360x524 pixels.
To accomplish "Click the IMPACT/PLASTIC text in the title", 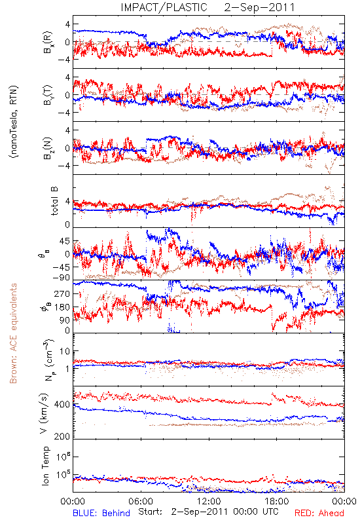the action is click(164, 7).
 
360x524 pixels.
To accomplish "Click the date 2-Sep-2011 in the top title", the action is click(259, 7).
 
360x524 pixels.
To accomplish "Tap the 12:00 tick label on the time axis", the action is click(209, 501).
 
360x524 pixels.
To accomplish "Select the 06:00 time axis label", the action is click(141, 501).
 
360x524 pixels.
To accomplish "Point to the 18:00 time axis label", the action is click(276, 501).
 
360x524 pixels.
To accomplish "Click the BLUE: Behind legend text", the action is click(101, 513).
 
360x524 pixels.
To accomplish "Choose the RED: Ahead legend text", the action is click(319, 513).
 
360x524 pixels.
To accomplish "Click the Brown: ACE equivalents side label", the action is click(13, 333).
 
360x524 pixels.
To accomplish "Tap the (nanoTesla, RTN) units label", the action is click(14, 121).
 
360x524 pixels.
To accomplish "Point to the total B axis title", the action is click(54, 201).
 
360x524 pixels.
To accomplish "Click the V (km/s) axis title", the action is click(45, 413).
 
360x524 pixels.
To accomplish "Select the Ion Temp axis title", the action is click(45, 465).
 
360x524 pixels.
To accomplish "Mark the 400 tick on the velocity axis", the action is click(62, 405).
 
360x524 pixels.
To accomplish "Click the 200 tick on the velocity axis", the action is click(62, 436).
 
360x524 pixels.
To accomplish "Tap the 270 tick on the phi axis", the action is click(62, 293).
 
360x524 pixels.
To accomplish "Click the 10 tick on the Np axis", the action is click(65, 352).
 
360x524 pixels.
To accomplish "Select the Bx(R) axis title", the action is click(48, 42).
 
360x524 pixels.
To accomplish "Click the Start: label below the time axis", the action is click(150, 512).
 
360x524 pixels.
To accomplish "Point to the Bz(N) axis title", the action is click(48, 148).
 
